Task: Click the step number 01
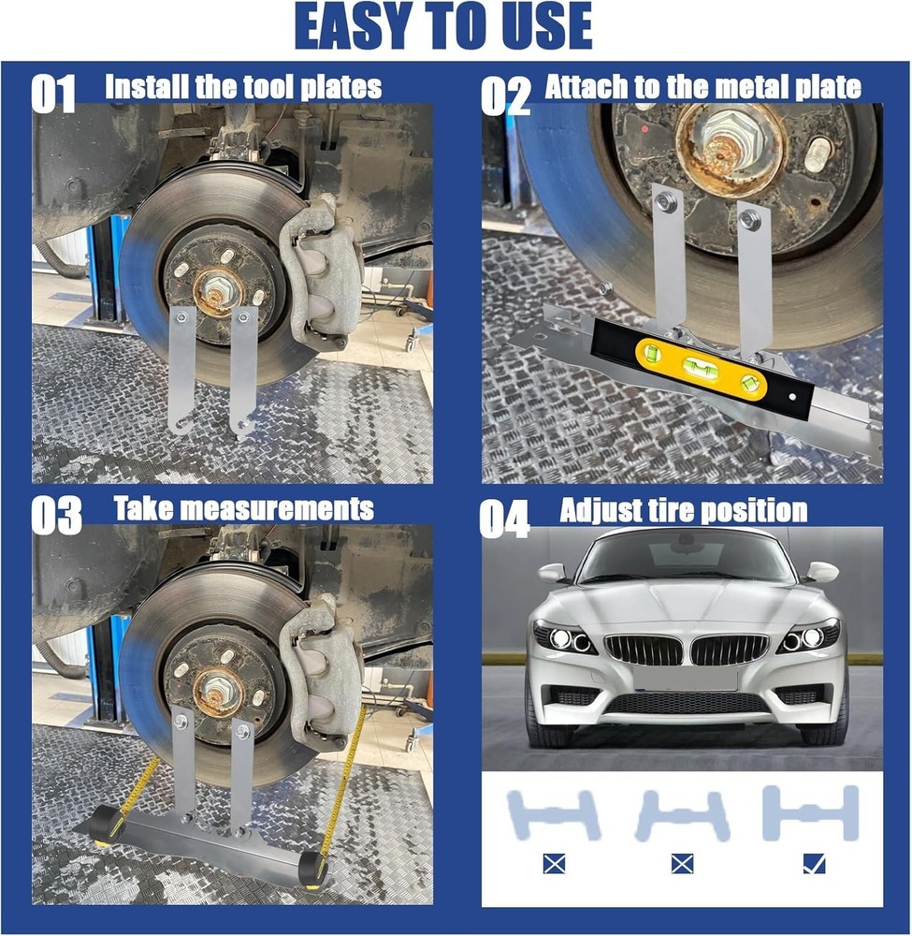tap(52, 94)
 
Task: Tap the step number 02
tap(504, 94)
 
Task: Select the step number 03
tap(55, 515)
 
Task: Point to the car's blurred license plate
tap(685, 678)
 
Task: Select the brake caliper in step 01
tap(323, 271)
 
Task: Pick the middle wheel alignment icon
tap(682, 814)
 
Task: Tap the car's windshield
tap(686, 559)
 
